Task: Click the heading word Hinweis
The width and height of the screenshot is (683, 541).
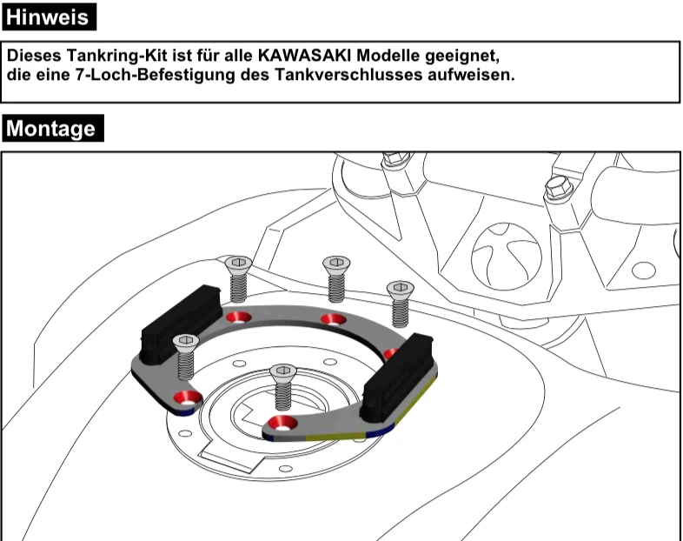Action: point(47,16)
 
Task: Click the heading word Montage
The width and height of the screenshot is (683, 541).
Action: point(52,129)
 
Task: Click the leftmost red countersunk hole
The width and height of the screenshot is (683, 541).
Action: point(184,399)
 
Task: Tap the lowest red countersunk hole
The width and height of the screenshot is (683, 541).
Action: point(279,424)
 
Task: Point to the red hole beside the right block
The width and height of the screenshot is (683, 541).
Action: point(390,353)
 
